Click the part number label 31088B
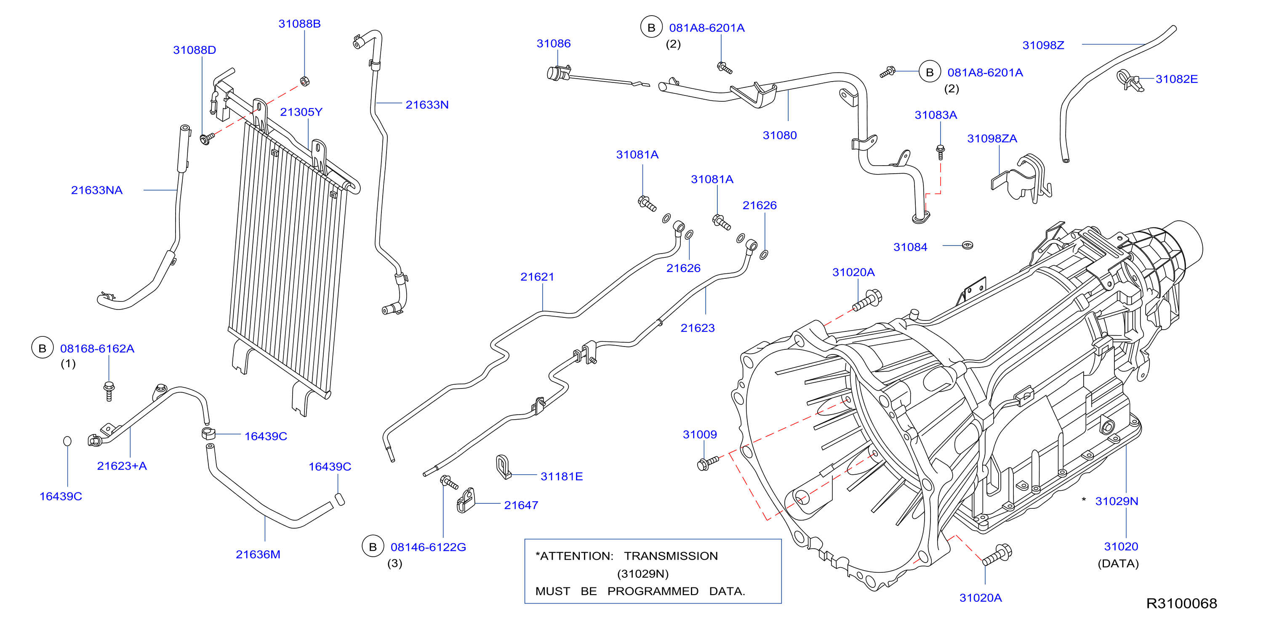coord(299,24)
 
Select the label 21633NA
coord(97,190)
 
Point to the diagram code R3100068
coord(1181,603)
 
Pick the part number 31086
coord(553,43)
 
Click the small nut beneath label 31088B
coord(304,81)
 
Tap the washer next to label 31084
coord(967,245)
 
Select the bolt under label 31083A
coord(940,152)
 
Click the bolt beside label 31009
coord(708,463)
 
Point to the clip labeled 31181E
coord(503,466)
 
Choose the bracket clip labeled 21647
coord(466,500)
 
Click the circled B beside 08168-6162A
coord(42,348)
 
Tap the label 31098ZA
coord(992,138)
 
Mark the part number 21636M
coord(258,554)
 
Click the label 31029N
coord(1117,501)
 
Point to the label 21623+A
coord(121,466)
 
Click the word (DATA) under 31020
coord(1118,563)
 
